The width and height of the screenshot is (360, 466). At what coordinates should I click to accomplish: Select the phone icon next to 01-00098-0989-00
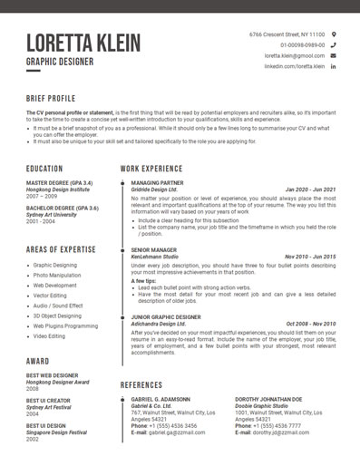[334, 44]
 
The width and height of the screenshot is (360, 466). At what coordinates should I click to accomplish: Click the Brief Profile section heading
[51, 97]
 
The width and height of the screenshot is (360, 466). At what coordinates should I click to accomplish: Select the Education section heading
[44, 169]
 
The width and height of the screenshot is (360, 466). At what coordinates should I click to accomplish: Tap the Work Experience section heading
[151, 169]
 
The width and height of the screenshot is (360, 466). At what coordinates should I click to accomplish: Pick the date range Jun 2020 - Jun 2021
[310, 189]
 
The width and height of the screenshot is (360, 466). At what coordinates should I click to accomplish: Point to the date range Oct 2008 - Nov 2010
[310, 324]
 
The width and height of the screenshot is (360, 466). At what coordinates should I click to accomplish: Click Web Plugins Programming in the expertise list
[65, 325]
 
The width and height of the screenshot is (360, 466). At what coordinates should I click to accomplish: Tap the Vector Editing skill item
[53, 296]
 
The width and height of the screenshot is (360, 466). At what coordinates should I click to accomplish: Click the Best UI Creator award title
[48, 400]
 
